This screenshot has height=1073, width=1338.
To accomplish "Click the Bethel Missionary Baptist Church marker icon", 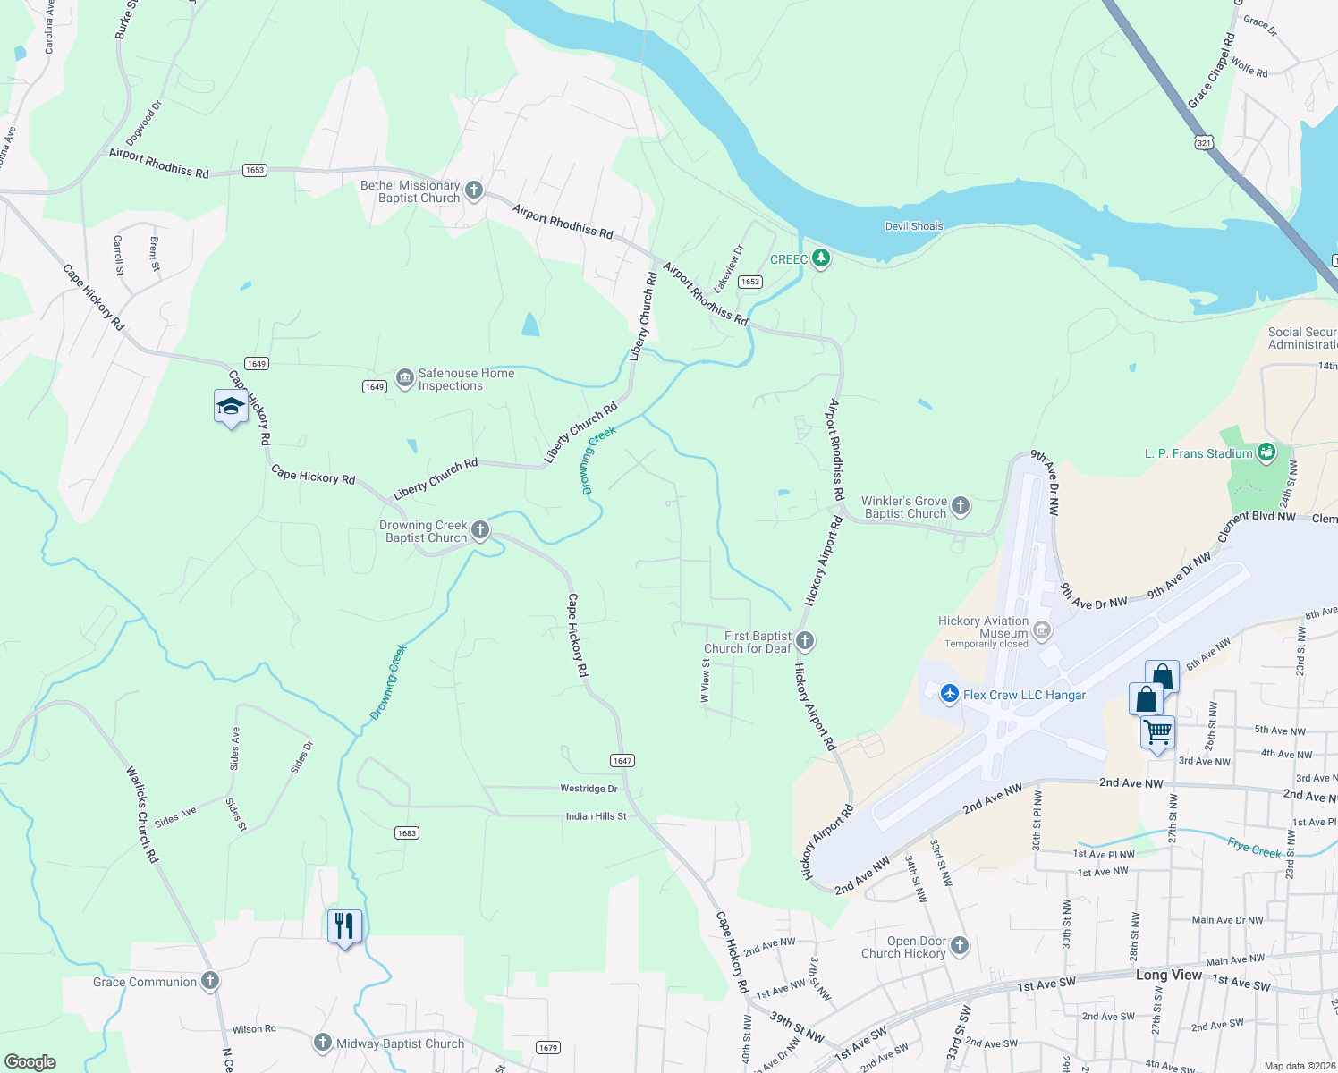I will click(474, 190).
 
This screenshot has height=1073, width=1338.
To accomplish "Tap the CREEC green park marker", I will click(820, 259).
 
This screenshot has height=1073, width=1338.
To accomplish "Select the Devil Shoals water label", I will click(913, 226).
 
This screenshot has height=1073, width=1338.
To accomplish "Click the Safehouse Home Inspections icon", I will click(405, 379).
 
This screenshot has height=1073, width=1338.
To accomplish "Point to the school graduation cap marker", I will click(231, 407).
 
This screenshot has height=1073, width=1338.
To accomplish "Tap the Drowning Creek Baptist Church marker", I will click(480, 530).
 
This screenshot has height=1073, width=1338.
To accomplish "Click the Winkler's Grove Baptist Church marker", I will click(961, 506).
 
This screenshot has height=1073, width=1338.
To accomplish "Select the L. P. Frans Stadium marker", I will click(1266, 452).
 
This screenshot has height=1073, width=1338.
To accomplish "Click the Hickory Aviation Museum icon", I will click(1042, 631).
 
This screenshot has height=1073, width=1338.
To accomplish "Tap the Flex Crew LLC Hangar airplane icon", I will click(949, 694).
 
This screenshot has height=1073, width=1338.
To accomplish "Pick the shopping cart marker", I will click(1158, 733).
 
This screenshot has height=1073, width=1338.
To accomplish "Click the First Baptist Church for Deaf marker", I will click(805, 640).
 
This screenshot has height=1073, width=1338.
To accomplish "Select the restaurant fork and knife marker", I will click(344, 926).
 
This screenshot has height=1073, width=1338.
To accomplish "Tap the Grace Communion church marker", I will click(209, 981).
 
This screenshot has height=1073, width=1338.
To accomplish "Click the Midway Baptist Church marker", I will click(322, 1043).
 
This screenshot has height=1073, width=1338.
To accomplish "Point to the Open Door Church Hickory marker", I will click(960, 946).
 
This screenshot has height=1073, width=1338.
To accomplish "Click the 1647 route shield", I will click(622, 761).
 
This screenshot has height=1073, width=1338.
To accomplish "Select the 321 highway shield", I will click(1204, 142).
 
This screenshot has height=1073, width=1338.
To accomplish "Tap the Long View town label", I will click(1168, 975).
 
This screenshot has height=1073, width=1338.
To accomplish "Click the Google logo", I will click(30, 1062).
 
